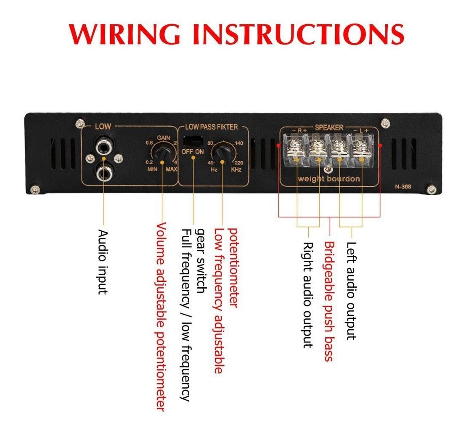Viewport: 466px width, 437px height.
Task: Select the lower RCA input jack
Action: [103, 172]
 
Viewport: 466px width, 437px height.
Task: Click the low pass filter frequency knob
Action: [221, 154]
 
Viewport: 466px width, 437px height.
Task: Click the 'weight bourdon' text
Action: [329, 179]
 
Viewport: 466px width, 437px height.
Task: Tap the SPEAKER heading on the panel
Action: [329, 127]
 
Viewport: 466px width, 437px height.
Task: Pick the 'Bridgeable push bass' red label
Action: [329, 301]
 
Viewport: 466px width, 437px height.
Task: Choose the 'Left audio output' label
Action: [351, 291]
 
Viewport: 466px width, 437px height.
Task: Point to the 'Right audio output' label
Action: [308, 295]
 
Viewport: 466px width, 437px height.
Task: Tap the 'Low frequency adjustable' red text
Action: [218, 301]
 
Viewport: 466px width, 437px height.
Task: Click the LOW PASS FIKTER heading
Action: [212, 127]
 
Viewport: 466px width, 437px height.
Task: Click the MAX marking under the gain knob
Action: [171, 170]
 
